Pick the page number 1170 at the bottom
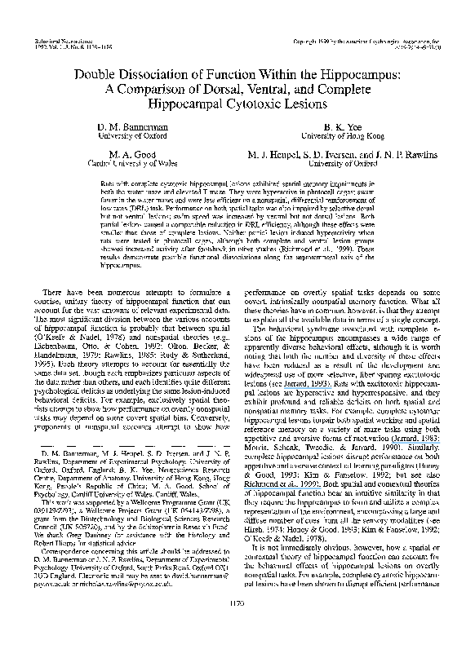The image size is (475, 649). (237, 627)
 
